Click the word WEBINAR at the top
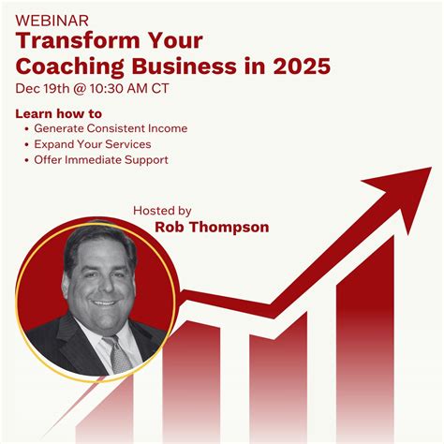(x=52, y=19)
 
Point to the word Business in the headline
(x=188, y=67)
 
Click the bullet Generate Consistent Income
(x=111, y=128)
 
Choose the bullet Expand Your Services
(x=93, y=144)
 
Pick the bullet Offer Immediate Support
(x=101, y=160)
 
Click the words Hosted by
(x=162, y=211)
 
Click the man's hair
(x=94, y=240)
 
